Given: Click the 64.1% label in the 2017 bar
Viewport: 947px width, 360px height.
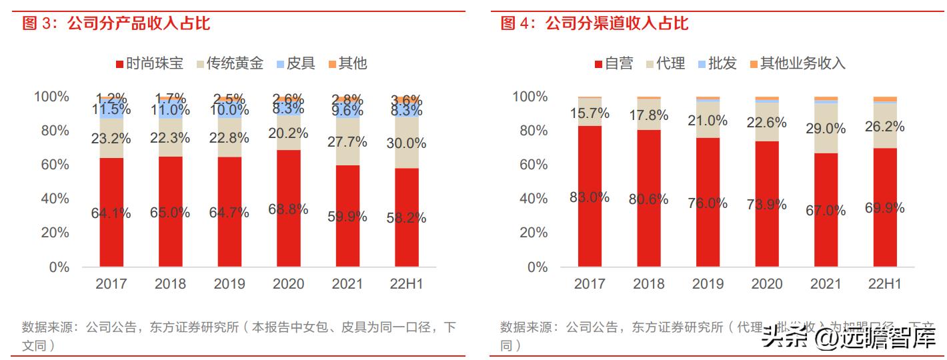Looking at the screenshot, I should (111, 213).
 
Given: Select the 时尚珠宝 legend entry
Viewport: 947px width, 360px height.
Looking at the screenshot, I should (149, 63).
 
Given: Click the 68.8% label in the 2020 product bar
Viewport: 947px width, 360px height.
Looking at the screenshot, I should (288, 209).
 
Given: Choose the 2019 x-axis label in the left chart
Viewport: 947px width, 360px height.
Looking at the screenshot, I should (229, 284).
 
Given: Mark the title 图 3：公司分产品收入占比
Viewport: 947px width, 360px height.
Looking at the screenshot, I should (117, 25).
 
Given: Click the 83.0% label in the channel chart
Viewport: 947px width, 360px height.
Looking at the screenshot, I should (590, 197).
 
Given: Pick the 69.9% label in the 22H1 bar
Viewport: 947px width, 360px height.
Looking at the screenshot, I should (884, 208).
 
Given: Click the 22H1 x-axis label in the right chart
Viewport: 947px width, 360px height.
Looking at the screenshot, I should (884, 284).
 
